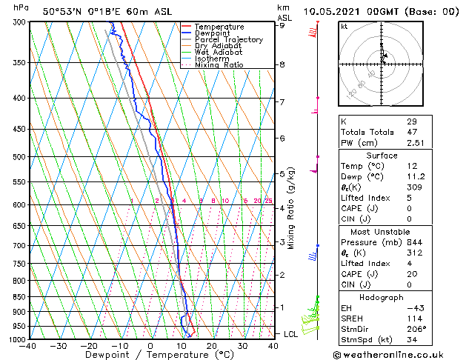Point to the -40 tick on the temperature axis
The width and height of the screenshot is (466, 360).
[x=28, y=347]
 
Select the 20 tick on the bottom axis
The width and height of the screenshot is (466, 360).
[x=212, y=347]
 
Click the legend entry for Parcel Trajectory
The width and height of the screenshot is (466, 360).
[x=228, y=40]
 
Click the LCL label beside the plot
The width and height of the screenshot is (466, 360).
[x=291, y=334]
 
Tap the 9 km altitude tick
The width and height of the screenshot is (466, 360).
[x=282, y=25]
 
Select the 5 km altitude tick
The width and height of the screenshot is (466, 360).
[x=282, y=174]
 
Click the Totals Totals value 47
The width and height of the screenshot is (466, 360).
[x=411, y=133]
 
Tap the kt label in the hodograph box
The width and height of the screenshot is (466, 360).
[x=344, y=27]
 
